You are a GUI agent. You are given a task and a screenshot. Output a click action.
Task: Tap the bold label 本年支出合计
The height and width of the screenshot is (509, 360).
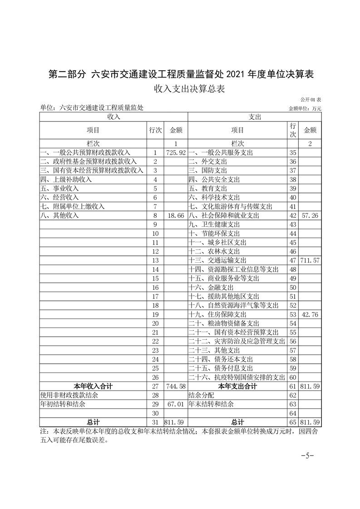237,387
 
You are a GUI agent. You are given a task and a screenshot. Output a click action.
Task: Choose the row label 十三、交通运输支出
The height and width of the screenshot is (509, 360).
217,260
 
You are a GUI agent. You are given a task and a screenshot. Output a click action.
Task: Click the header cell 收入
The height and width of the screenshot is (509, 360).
113,117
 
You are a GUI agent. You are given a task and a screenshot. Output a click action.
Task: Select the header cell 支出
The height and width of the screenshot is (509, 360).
255,117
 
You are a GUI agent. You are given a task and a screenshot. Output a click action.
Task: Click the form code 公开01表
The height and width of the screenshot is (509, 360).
311,99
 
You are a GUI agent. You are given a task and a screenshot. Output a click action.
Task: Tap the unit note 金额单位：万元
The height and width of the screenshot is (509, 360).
305,108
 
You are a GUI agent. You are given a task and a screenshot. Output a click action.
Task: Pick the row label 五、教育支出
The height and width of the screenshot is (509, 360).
208,188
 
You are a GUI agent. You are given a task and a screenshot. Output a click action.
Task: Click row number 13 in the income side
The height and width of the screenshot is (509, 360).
155,260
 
